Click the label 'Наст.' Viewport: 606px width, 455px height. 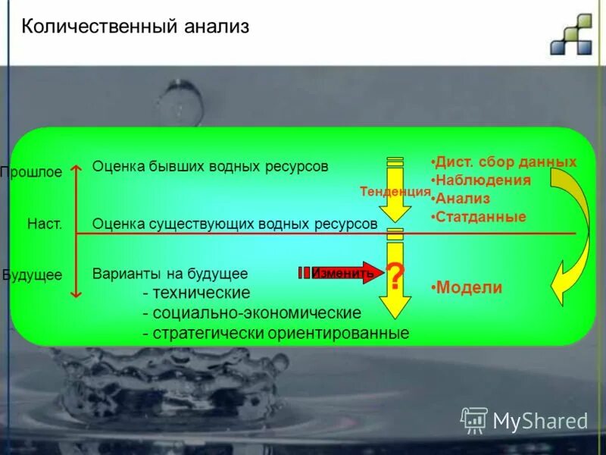[x=44, y=224]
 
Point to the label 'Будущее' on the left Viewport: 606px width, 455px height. [x=32, y=275]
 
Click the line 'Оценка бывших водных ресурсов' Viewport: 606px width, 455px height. [x=210, y=167]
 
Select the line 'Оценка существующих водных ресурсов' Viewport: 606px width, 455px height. [x=235, y=224]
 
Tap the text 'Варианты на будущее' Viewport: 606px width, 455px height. [x=170, y=274]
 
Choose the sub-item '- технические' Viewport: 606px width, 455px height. [x=196, y=293]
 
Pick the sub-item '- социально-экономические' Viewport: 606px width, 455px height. [x=251, y=312]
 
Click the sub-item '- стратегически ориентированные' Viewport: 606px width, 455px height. [x=276, y=333]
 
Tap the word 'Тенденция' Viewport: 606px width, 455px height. [x=395, y=192]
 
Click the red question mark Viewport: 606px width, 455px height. [x=395, y=277]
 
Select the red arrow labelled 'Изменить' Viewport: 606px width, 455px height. [x=342, y=273]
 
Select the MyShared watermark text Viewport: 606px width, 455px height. [x=539, y=420]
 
